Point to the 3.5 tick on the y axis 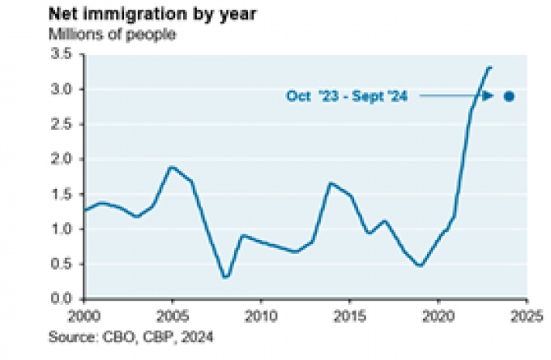click(64, 54)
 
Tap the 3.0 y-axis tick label click(64, 89)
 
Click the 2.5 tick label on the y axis click(64, 124)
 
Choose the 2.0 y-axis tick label click(64, 159)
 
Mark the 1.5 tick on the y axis click(64, 194)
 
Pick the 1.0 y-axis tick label click(64, 229)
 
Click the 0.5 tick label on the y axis click(64, 264)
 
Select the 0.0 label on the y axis click(64, 298)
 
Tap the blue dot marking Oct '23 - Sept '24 click(509, 96)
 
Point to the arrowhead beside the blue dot click(489, 96)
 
